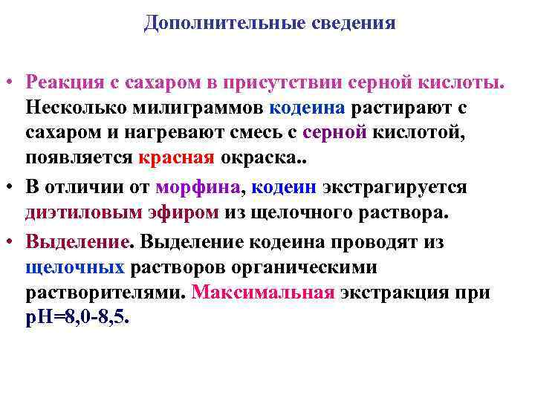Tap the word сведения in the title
click(353, 23)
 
